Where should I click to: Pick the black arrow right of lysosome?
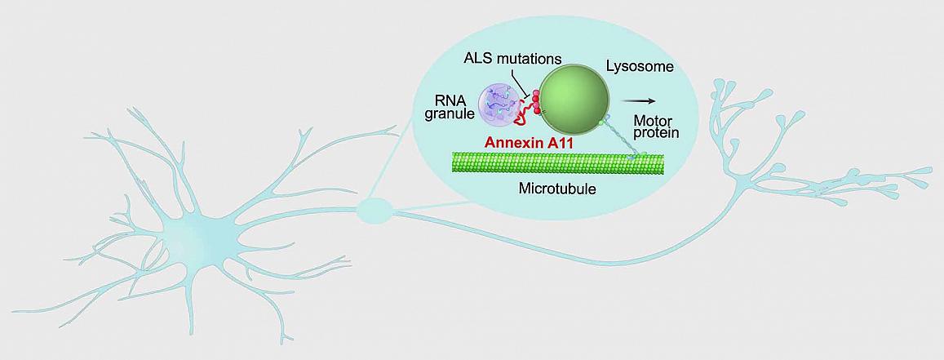639,100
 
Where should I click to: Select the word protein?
656,134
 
